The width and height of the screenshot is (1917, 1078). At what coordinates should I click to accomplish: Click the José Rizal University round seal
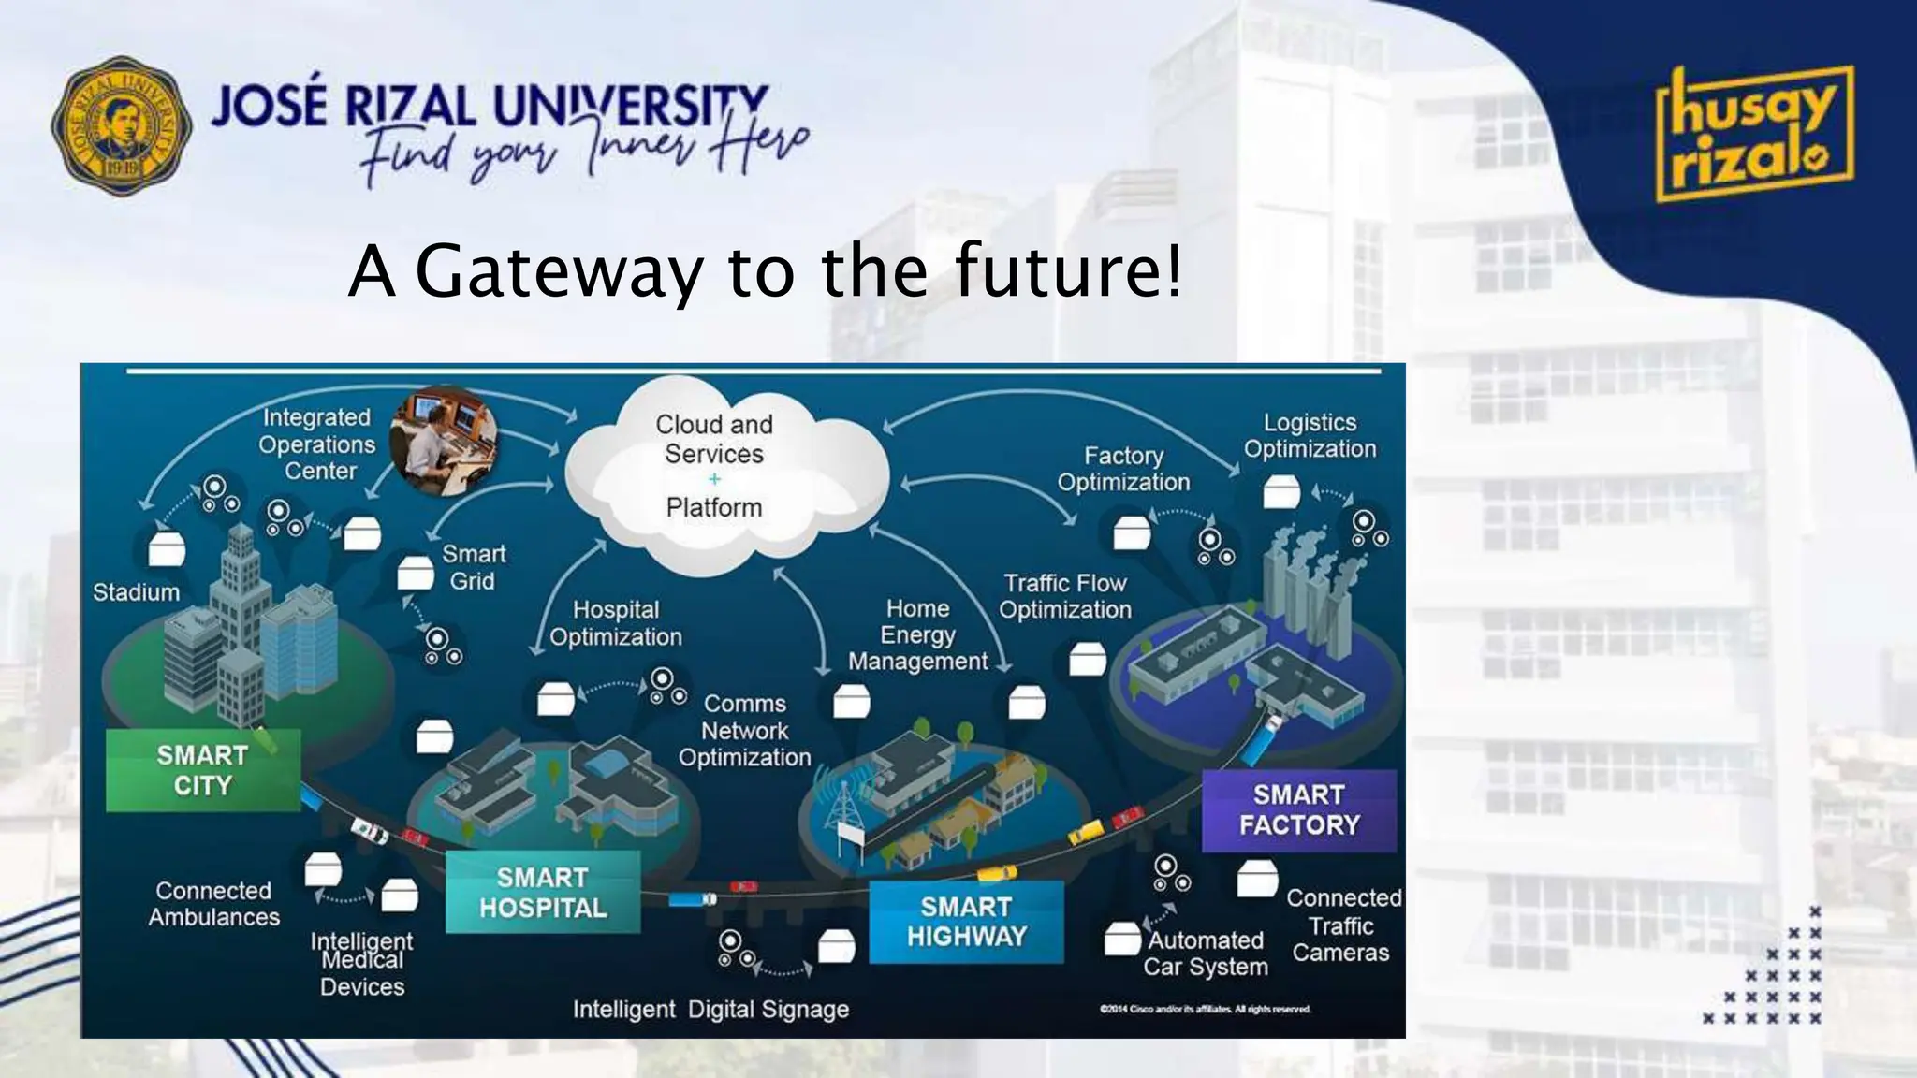click(122, 125)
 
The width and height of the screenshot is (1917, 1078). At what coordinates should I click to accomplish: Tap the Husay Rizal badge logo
click(1754, 134)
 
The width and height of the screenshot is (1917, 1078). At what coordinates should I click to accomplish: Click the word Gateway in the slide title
click(558, 271)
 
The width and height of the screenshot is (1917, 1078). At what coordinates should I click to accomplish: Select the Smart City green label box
click(203, 770)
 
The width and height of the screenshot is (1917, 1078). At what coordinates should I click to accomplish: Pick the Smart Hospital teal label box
click(543, 892)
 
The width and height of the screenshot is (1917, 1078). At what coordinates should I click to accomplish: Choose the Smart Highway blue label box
click(966, 922)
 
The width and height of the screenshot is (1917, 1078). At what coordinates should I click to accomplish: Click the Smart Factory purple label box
click(1299, 810)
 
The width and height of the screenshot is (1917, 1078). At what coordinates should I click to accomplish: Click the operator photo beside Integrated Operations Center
click(444, 441)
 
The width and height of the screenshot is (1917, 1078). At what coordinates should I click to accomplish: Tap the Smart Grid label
click(474, 567)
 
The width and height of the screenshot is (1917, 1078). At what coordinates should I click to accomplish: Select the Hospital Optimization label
click(616, 623)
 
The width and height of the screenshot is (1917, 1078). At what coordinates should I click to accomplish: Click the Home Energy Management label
click(917, 634)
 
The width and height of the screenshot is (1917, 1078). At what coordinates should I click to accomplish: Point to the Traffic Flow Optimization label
click(1065, 596)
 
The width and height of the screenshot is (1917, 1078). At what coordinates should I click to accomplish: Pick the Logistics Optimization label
click(1310, 435)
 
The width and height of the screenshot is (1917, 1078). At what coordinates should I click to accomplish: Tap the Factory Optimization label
click(1123, 469)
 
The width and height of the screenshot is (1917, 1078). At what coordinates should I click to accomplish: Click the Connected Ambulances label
click(213, 904)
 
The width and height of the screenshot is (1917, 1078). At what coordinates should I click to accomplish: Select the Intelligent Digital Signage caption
click(710, 1009)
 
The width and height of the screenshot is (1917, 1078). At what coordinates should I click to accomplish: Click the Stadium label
click(136, 592)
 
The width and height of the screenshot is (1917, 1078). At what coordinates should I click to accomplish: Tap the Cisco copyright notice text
click(1206, 1009)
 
